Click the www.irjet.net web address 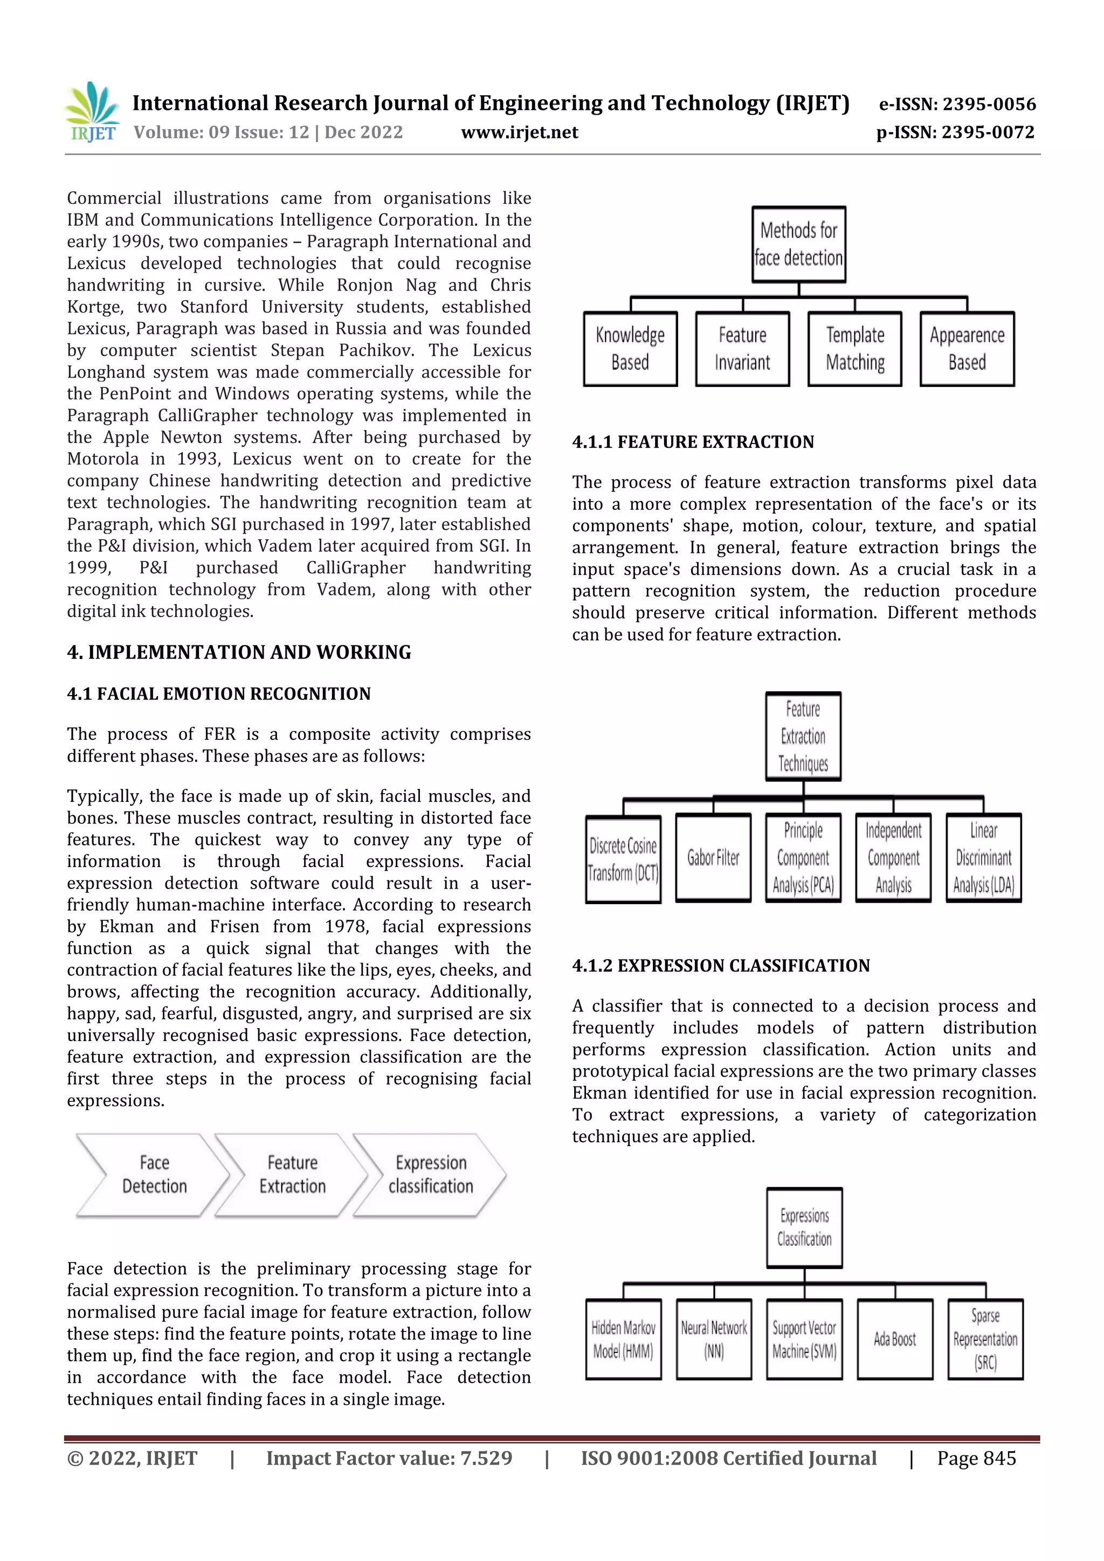click(519, 132)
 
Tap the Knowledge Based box click(630, 349)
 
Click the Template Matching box click(854, 349)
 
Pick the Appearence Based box click(967, 349)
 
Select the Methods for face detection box click(798, 244)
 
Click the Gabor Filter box click(713, 858)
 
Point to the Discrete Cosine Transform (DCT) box click(623, 859)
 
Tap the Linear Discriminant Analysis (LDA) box click(984, 858)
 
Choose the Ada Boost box click(894, 1340)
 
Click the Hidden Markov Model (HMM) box click(623, 1340)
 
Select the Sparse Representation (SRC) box click(985, 1340)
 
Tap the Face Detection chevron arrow click(154, 1175)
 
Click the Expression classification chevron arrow click(430, 1175)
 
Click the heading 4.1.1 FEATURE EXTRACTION click(693, 442)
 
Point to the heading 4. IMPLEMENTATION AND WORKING click(239, 652)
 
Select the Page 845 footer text click(976, 1458)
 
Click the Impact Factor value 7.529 click(389, 1458)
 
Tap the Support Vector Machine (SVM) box click(804, 1340)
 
